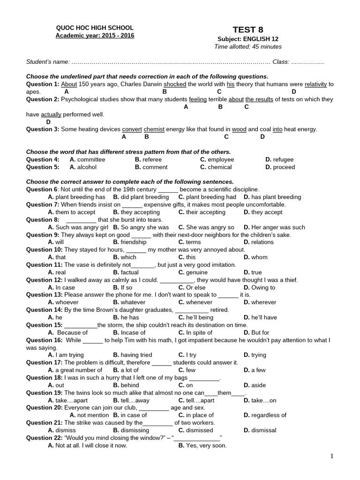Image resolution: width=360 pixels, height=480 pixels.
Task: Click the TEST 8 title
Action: click(248, 30)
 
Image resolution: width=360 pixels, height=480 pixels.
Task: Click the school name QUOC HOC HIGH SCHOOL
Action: click(95, 28)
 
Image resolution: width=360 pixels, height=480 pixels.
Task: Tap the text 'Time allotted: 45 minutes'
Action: click(248, 46)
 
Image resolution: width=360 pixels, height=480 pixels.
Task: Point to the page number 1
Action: click(331, 457)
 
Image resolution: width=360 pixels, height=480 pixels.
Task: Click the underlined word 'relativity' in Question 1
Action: click(315, 84)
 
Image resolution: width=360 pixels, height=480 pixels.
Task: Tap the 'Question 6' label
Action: click(42, 189)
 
